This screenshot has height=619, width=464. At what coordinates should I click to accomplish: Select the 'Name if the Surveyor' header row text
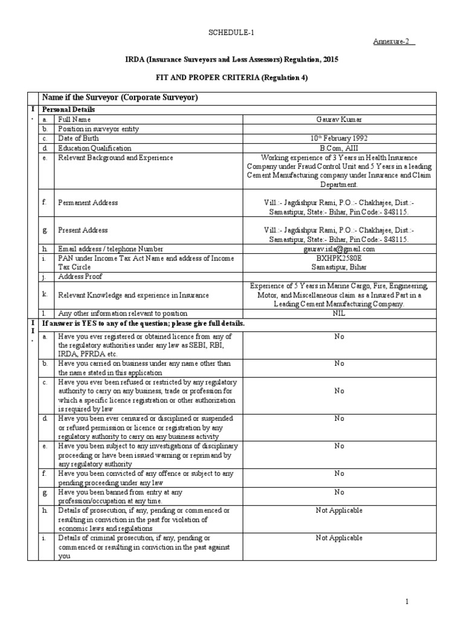click(x=118, y=97)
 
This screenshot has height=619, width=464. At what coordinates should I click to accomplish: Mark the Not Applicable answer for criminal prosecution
click(x=338, y=537)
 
